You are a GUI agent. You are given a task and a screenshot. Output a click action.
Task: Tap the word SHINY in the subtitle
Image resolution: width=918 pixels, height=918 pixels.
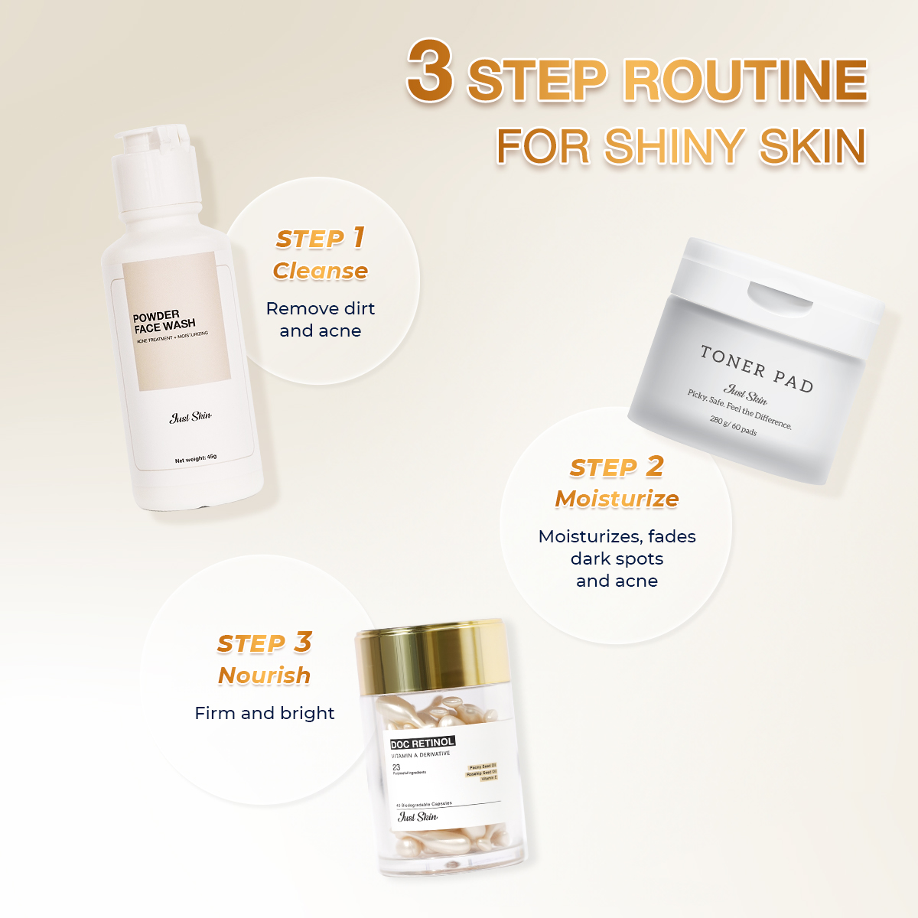674,145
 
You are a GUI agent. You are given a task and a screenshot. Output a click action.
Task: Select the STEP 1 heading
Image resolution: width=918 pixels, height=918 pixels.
320,238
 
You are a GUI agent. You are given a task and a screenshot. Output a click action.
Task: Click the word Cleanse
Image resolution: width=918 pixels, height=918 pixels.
320,271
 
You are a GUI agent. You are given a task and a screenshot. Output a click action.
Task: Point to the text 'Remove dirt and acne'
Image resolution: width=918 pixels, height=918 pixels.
320,320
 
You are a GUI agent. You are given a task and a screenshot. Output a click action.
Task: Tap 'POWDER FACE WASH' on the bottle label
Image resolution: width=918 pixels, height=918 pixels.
164,321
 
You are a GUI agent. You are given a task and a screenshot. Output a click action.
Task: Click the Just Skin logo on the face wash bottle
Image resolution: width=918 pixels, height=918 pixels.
190,417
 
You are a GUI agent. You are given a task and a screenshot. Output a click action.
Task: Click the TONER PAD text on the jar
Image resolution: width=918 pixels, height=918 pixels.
756,369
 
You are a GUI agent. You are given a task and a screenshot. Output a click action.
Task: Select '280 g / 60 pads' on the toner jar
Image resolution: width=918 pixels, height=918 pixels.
733,425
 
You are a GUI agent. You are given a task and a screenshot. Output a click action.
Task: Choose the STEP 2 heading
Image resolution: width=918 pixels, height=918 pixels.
617,467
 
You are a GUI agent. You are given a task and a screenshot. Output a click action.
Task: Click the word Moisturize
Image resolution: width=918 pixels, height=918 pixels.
617,499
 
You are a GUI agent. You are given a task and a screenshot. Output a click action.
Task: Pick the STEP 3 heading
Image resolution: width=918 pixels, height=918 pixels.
264,643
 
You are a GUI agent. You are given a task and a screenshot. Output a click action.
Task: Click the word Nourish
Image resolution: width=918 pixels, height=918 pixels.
264,675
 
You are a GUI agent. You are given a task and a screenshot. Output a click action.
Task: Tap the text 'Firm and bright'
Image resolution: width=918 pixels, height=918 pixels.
264,713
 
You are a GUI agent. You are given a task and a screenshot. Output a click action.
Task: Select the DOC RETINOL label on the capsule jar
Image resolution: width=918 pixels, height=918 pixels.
422,743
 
